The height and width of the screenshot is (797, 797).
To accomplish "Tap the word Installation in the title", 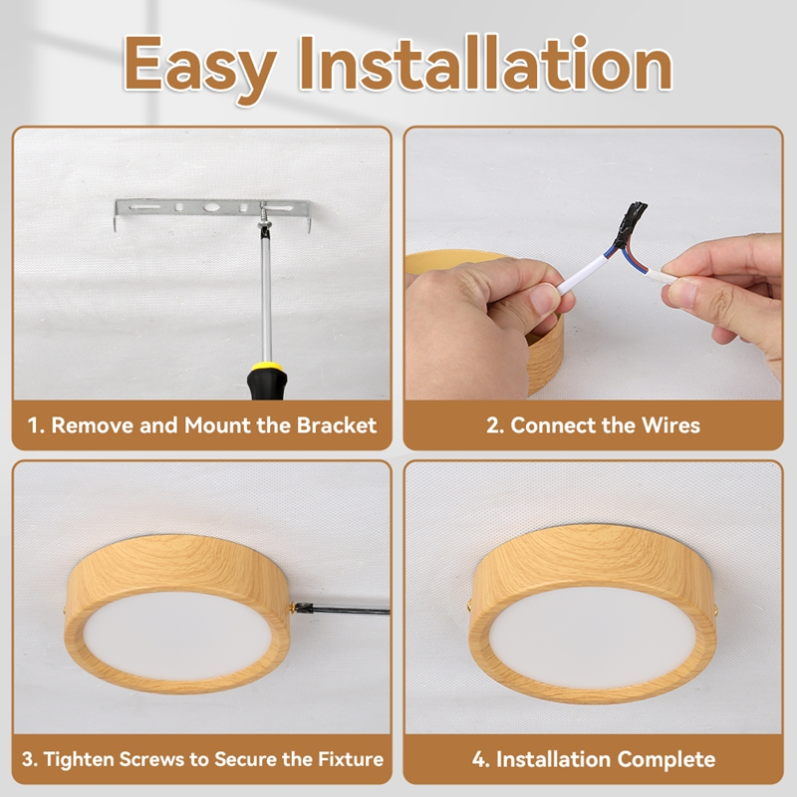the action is click(485, 64).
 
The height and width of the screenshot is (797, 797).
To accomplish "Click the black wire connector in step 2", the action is click(631, 222).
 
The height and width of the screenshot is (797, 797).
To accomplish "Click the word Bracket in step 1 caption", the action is click(337, 425).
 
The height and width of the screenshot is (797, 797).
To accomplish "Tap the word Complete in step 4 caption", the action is click(666, 759).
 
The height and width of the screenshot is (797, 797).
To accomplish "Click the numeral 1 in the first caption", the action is click(33, 425).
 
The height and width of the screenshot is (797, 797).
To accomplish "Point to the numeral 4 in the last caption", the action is click(479, 759).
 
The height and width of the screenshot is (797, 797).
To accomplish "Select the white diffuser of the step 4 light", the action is click(592, 638).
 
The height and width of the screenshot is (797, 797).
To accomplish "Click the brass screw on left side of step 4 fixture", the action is click(469, 605).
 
